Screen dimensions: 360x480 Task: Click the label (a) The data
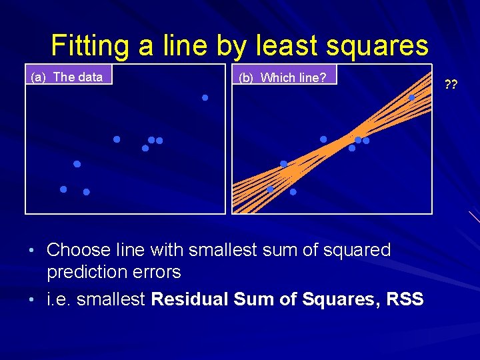[x=67, y=77]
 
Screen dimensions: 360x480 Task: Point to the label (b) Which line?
[x=283, y=77]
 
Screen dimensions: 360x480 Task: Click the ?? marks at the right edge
[x=451, y=85]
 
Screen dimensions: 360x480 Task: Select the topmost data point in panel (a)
[x=205, y=98]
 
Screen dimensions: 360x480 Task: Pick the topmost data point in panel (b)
[x=412, y=98]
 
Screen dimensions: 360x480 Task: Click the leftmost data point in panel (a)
[x=63, y=189]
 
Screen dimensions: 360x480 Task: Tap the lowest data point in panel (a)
[x=87, y=192]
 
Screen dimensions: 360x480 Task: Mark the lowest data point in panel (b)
[x=293, y=192]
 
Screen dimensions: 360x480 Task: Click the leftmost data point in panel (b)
[x=270, y=189]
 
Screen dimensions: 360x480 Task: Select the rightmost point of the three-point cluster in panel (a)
[x=159, y=141]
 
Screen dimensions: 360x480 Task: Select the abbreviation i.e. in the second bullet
[x=59, y=299]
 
